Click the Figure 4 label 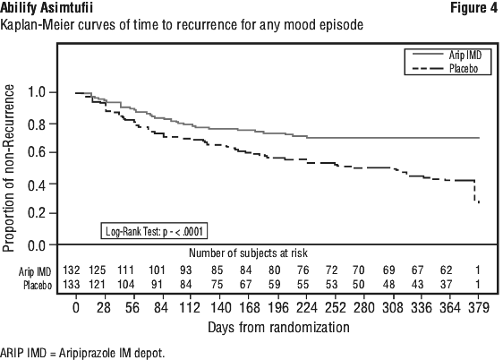(473, 8)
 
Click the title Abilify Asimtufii (47, 8)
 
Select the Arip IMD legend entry (448, 56)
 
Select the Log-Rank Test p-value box (154, 231)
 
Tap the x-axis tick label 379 (478, 308)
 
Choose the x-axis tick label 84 (161, 308)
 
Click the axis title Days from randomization (278, 328)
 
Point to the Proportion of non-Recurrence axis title (8, 168)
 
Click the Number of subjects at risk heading (248, 253)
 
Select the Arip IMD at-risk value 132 (72, 270)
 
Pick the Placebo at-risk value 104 (125, 284)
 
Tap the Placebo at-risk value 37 (447, 284)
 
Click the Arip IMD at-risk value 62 (447, 270)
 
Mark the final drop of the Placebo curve (475, 192)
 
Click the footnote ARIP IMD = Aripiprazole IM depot (82, 353)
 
